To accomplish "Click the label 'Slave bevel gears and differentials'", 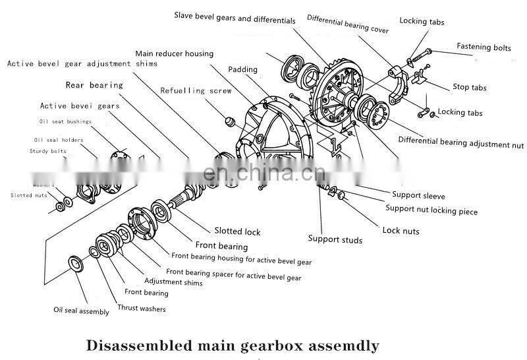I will (235, 17).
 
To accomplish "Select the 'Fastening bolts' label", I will (484, 47).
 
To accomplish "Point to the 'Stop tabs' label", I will (470, 87).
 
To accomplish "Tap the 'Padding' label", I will (243, 69).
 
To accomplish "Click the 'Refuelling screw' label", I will (196, 90).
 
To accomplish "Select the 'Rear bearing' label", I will (94, 85).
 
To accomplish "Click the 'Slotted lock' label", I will (237, 231).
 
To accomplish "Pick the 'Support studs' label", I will (335, 240).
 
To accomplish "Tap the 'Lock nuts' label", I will (401, 231).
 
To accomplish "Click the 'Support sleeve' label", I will (418, 195).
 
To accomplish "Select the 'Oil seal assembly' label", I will (81, 311).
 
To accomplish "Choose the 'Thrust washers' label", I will (141, 308).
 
